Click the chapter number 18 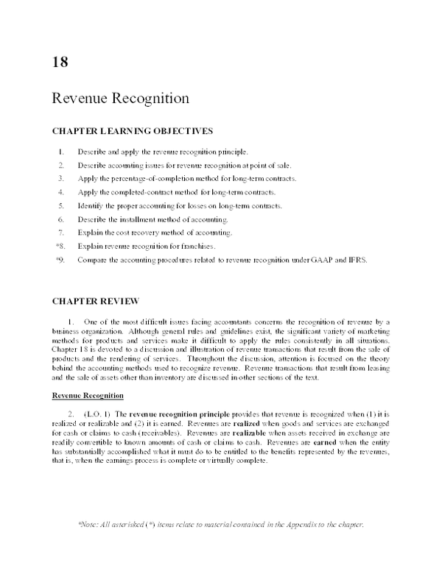click(60, 61)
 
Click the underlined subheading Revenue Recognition click(82, 396)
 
